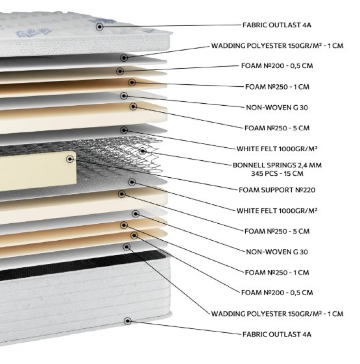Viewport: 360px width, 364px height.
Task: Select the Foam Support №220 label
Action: click(277, 190)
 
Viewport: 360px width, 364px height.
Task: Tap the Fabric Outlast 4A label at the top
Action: click(277, 25)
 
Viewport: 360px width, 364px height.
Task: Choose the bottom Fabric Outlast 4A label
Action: click(277, 334)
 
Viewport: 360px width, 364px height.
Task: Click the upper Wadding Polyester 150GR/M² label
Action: click(277, 45)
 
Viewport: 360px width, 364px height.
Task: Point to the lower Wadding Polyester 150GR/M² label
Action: click(277, 314)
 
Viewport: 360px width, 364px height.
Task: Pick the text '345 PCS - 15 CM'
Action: click(277, 173)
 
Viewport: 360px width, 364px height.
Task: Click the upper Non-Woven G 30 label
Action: click(277, 108)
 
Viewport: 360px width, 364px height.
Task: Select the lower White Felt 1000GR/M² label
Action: click(277, 210)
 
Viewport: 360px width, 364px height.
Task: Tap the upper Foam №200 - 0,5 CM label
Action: click(277, 66)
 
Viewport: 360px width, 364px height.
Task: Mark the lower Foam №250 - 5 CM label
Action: click(277, 231)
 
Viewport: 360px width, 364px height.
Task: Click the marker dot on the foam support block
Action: click(70, 159)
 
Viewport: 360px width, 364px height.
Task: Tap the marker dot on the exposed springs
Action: click(143, 151)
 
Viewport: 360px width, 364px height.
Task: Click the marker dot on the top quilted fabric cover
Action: click(100, 27)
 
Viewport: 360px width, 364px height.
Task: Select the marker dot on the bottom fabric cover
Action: click(127, 321)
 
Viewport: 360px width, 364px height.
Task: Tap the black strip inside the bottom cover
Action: click(81, 264)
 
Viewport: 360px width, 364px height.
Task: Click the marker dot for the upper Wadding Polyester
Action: click(124, 57)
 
